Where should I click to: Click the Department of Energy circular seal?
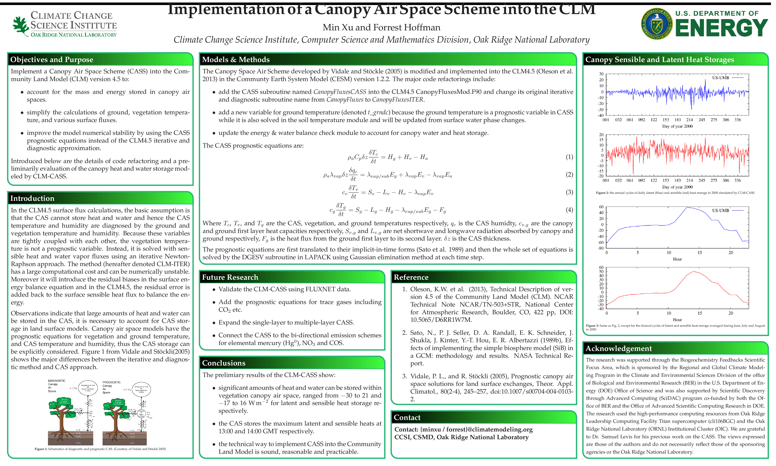click(x=657, y=24)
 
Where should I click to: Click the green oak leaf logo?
click(x=21, y=25)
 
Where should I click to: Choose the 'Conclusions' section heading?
click(x=224, y=363)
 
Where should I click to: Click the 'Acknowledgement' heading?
click(x=618, y=349)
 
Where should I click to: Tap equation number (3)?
click(x=569, y=192)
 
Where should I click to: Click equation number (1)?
click(x=569, y=157)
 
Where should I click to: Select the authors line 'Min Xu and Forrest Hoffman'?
click(x=381, y=28)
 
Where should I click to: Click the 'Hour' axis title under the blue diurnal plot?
click(x=677, y=259)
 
